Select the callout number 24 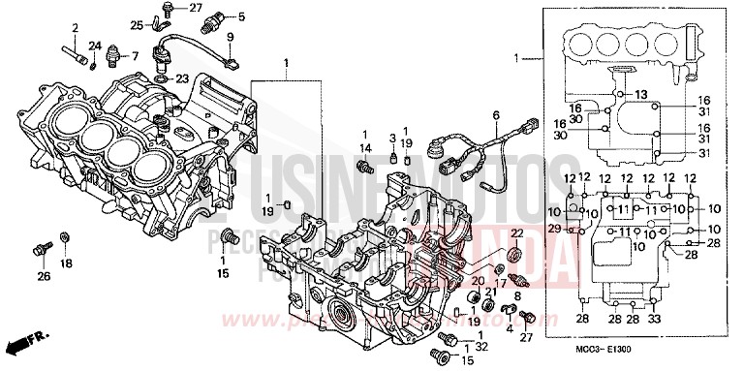95,46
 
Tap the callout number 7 135,55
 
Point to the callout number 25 137,24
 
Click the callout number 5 241,16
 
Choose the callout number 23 235,77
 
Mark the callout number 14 367,147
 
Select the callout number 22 516,232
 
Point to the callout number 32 481,346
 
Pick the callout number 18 66,263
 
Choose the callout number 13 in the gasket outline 641,93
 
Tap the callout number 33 654,319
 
